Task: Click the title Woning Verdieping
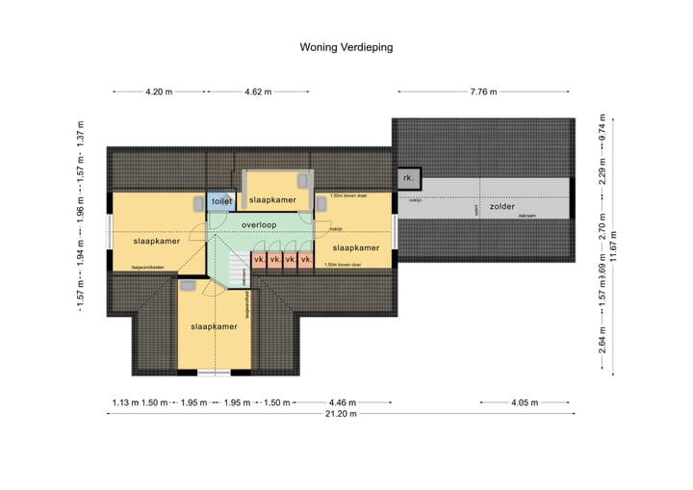point(346,45)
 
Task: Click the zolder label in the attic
point(501,206)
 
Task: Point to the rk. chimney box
point(408,178)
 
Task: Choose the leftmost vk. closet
point(259,260)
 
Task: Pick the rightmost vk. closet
point(306,260)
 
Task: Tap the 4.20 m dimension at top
point(159,92)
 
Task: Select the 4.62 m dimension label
point(258,92)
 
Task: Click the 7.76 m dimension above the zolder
point(483,92)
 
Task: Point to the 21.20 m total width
point(341,414)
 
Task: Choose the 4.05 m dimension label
point(525,401)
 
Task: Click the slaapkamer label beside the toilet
point(272,200)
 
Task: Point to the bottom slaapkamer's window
point(214,372)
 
